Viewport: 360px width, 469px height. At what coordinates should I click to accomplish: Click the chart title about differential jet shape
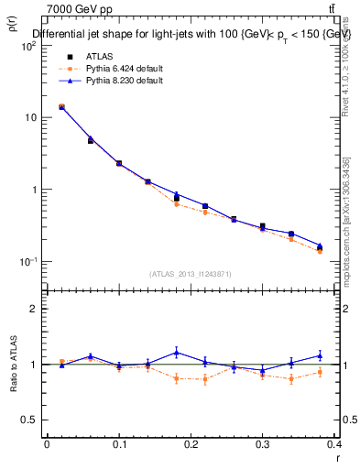coord(192,34)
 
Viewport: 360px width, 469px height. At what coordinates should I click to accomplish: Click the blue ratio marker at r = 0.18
coord(177,352)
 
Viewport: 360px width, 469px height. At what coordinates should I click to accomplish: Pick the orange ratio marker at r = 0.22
coord(205,378)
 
